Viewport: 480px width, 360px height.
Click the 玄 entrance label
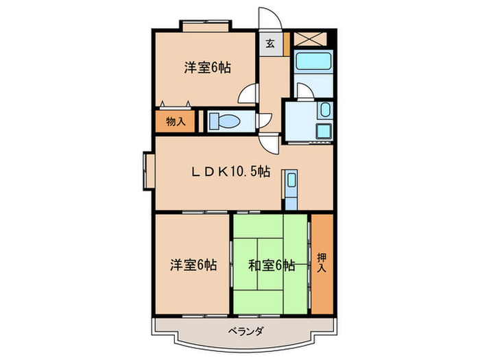coord(269,45)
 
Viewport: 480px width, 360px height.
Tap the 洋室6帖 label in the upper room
coord(206,68)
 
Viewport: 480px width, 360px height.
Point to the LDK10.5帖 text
coord(229,172)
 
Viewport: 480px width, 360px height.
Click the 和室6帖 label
coord(273,265)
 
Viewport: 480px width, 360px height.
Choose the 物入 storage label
coord(176,121)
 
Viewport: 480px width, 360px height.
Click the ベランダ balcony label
coord(245,332)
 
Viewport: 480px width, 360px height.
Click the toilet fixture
coord(224,121)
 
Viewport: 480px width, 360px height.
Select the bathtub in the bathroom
coord(312,67)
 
